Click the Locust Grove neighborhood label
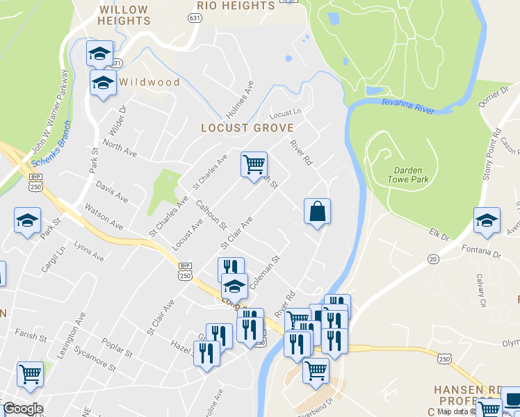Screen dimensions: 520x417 pos(247,128)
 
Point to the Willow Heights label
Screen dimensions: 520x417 pos(124,15)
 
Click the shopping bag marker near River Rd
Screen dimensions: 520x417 pos(317,211)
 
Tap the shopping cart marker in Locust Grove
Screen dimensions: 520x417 pos(254,165)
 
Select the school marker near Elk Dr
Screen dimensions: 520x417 pos(487,221)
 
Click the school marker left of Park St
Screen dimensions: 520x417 pos(27,222)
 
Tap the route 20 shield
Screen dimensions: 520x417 pos(433,259)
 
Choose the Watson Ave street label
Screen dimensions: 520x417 pos(103,217)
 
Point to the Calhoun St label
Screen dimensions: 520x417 pos(211,215)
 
